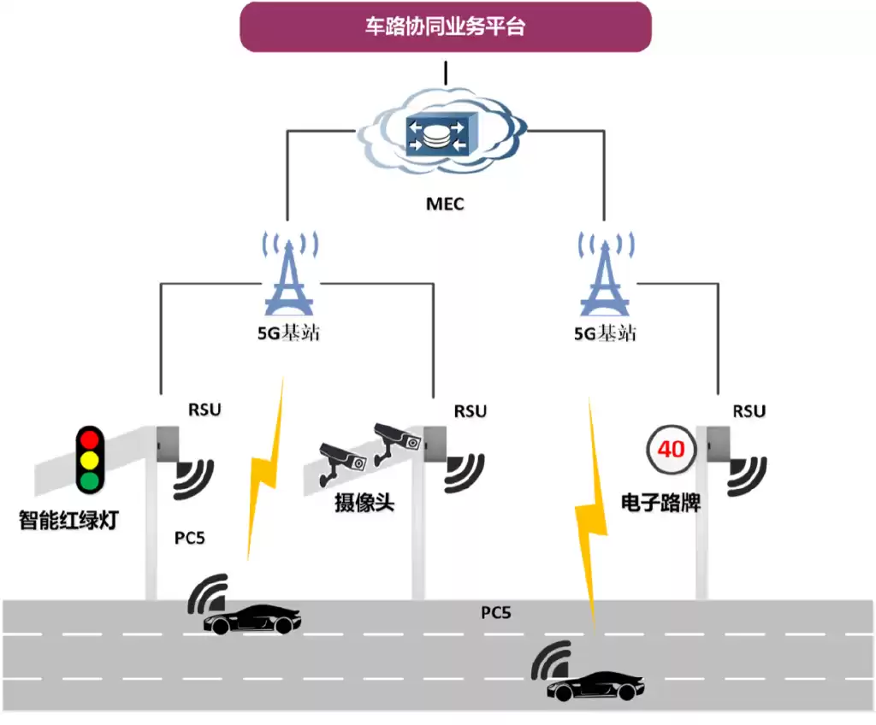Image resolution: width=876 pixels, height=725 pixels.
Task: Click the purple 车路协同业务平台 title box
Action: [445, 27]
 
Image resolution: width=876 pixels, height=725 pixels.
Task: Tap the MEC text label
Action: [445, 205]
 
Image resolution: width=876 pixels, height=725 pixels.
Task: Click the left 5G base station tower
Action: [292, 274]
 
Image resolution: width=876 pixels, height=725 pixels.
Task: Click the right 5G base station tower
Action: [605, 274]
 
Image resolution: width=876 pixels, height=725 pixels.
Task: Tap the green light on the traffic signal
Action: [88, 481]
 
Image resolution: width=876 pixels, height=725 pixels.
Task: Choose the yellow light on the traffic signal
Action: [88, 461]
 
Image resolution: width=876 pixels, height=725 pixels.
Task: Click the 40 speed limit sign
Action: [671, 448]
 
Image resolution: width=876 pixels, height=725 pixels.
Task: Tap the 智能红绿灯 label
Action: [68, 519]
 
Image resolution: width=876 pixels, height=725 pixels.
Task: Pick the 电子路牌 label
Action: [660, 503]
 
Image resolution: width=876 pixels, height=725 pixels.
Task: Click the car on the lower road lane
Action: [596, 686]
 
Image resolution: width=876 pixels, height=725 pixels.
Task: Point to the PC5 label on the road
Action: [495, 613]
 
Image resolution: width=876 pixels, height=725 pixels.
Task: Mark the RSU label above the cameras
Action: [470, 411]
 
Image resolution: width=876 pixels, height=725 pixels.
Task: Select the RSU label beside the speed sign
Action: [749, 411]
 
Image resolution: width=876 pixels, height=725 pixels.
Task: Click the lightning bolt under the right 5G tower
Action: [590, 522]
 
